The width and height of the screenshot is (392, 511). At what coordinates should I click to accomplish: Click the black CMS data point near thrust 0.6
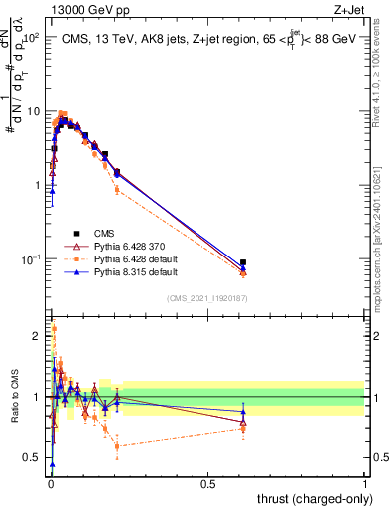click(x=244, y=262)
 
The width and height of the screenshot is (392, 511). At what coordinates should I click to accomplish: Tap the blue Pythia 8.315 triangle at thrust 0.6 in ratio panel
click(x=244, y=412)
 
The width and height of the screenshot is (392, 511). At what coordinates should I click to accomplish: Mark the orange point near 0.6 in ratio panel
click(x=244, y=428)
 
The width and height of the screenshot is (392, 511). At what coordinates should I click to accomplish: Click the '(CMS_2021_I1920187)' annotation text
click(x=206, y=297)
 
